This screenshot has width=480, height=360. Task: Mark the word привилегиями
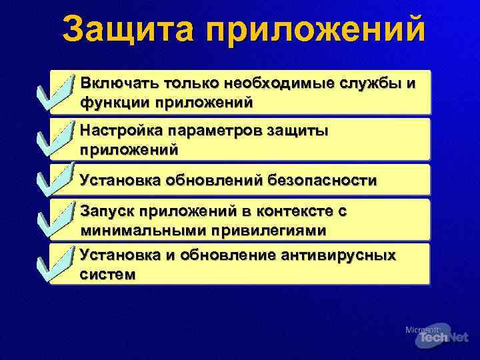click(267, 231)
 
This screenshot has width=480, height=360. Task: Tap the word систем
click(107, 274)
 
